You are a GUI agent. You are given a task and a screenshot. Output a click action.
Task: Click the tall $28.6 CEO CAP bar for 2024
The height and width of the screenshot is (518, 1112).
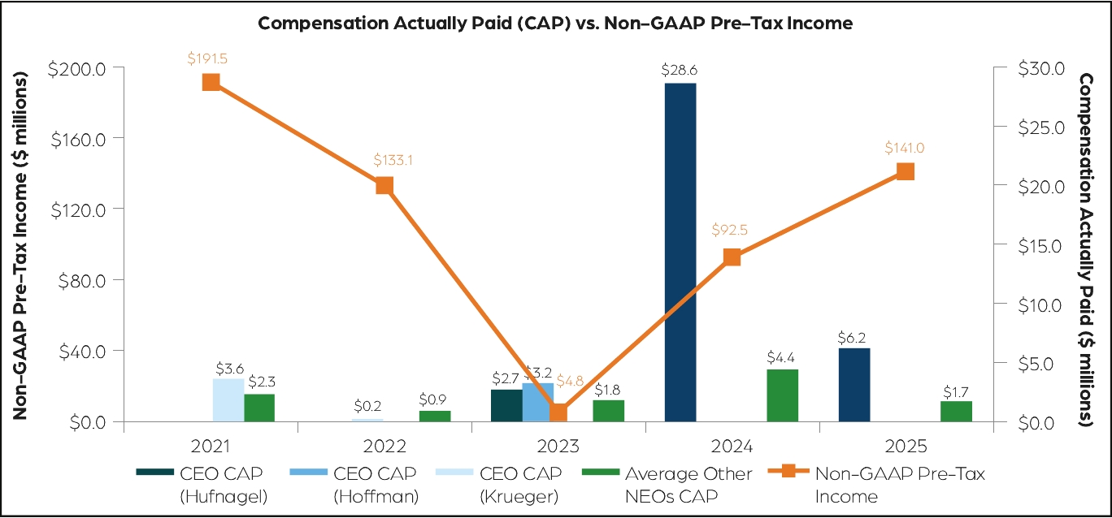pos(680,252)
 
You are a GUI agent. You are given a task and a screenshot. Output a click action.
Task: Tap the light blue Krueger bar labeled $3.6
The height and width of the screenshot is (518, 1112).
pos(228,400)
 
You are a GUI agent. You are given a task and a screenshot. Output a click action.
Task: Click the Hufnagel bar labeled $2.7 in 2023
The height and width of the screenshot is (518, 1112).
pos(506,405)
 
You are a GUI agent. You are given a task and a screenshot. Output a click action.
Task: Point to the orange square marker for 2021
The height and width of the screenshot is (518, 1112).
pos(211,82)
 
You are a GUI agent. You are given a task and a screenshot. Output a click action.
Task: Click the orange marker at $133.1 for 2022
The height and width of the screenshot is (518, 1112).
pos(384,185)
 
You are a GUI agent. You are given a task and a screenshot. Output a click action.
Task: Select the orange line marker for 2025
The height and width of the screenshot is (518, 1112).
pos(906,171)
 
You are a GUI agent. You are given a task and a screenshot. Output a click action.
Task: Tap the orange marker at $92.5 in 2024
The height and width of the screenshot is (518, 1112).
pos(732,257)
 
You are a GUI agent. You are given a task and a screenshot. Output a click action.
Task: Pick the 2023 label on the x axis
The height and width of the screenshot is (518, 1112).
pos(558,447)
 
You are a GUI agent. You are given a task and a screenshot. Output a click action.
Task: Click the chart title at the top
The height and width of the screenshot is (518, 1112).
pos(555,23)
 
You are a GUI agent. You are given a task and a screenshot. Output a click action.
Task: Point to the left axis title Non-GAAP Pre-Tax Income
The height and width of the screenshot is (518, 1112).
pos(20,245)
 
